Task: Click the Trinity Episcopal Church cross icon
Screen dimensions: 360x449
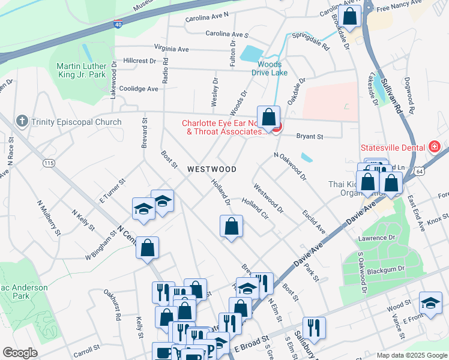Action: point(22,121)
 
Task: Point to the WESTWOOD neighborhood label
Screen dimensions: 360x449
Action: point(211,170)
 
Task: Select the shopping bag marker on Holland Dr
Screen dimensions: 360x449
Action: point(231,227)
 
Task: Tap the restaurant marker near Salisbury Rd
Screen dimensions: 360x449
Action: point(314,328)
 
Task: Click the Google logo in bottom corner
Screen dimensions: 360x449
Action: point(20,353)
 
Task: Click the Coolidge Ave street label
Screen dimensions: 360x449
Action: point(139,88)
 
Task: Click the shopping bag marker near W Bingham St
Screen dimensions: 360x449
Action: point(147,248)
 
